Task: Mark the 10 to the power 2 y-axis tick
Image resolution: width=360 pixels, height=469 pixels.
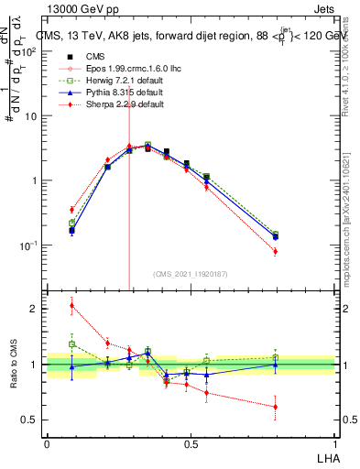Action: (30, 51)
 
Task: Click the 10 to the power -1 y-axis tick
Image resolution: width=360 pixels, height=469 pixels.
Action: (30, 245)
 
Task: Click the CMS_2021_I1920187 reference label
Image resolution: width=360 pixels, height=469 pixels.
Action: (191, 272)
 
